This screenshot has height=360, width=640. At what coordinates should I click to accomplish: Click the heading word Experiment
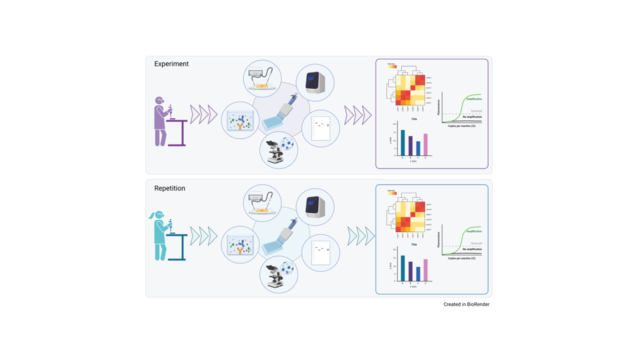coord(171,64)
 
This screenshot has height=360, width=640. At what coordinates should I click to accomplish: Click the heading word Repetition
coord(169,188)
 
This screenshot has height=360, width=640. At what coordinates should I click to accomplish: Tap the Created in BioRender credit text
coord(466,304)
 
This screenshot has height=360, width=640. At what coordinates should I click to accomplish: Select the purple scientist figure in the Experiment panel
coord(160,121)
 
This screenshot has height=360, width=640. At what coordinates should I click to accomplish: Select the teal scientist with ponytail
coord(159,235)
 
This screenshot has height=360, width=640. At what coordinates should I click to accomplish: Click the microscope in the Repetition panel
coord(274,276)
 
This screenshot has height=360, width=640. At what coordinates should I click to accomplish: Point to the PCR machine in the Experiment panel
coord(315,82)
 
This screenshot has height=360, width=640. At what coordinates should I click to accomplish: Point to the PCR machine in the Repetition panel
coord(315,206)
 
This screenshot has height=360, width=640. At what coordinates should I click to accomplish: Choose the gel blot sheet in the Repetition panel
coord(320,253)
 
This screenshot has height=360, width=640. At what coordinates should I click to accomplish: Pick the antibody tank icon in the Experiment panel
coord(240,120)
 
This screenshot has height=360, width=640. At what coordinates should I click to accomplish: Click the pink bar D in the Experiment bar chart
coord(426,144)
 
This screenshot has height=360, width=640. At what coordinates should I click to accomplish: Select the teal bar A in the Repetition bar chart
coord(402,268)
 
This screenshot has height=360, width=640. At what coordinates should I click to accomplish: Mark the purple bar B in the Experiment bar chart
coord(410,145)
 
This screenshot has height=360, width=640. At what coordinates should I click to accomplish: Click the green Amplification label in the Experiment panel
coord(474,99)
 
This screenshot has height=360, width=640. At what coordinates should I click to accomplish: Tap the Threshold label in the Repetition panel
coord(476,243)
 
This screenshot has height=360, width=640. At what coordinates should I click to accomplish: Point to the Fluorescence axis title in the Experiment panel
coord(439,107)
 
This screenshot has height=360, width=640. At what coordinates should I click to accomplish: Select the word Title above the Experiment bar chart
coord(414,119)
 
